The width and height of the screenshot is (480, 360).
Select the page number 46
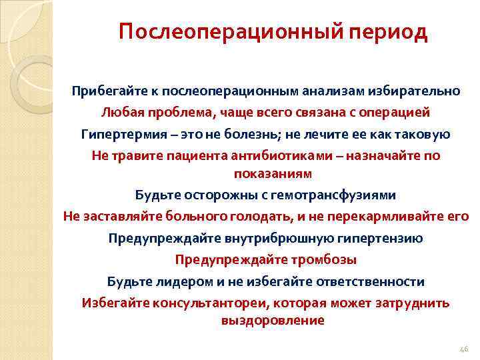click(465, 349)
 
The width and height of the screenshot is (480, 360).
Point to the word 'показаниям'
click(272, 173)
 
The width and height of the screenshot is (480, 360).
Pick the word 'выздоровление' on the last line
click(272, 320)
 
